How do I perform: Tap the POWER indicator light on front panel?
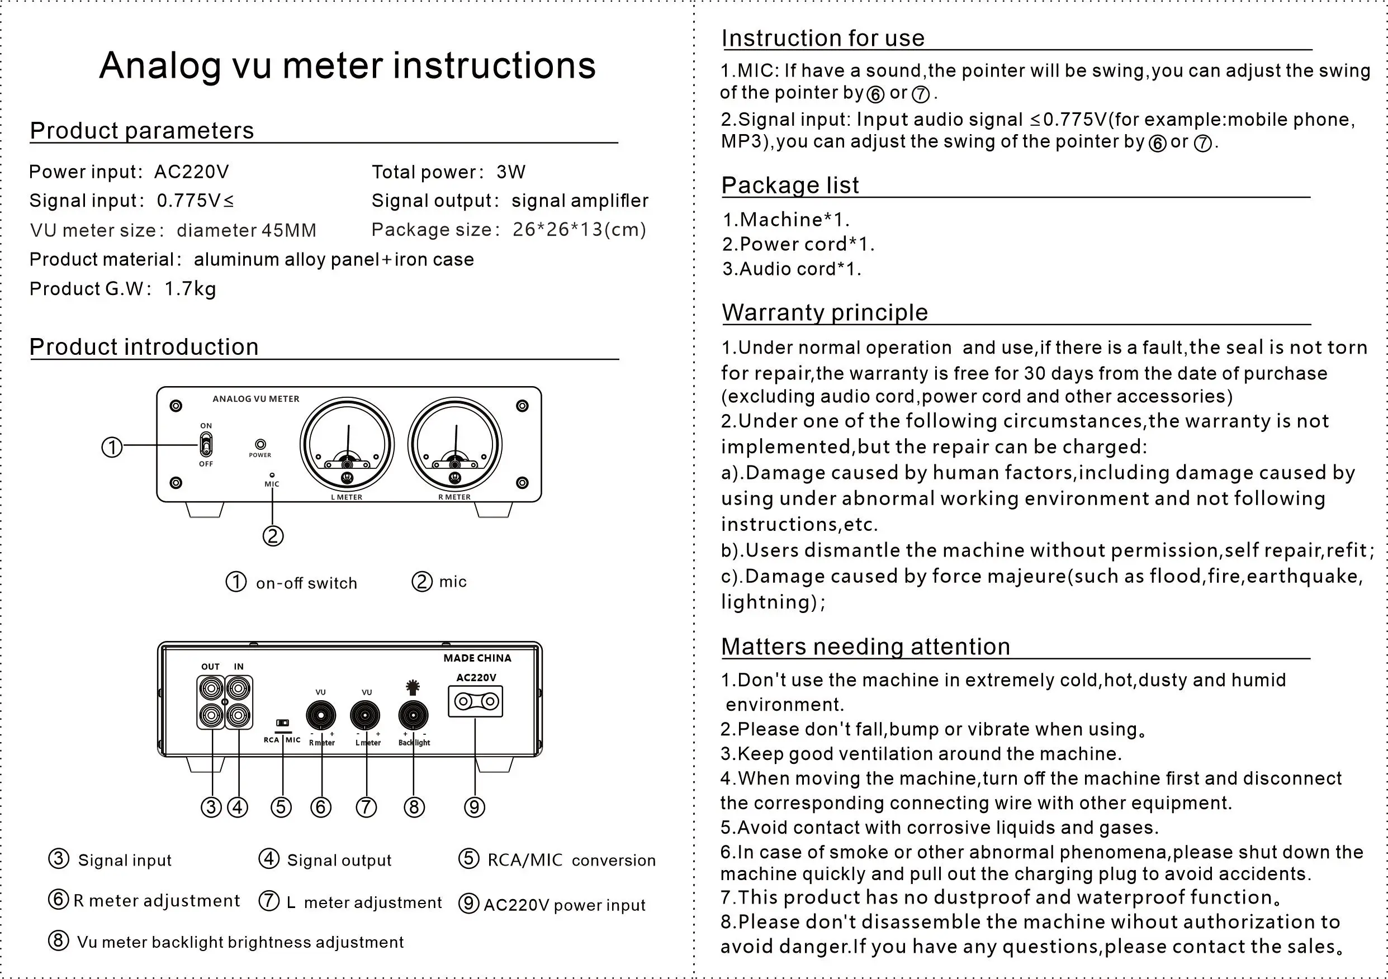(x=260, y=444)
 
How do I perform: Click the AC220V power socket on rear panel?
(x=475, y=702)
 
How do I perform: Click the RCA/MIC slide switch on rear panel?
(x=282, y=723)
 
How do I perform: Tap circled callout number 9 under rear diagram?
(x=475, y=807)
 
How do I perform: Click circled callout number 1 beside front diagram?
(x=112, y=448)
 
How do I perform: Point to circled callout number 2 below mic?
(x=273, y=536)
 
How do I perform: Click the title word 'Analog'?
(x=160, y=65)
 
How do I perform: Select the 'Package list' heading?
(x=789, y=185)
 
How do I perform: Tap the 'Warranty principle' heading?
(x=825, y=312)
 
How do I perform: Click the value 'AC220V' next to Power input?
(x=191, y=172)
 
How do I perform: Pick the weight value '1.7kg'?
(x=190, y=289)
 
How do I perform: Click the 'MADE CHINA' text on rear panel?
(x=477, y=658)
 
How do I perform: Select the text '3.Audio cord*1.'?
(x=792, y=269)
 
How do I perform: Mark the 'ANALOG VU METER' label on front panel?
(x=255, y=399)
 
